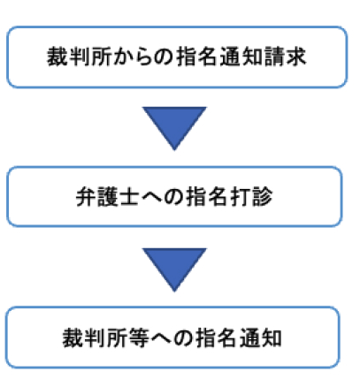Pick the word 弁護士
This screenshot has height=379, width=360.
108,197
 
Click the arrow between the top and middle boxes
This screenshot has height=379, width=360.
174,128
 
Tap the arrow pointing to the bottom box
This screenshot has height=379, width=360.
174,269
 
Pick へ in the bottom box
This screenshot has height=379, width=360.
162,338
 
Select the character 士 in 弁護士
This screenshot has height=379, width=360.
130,197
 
